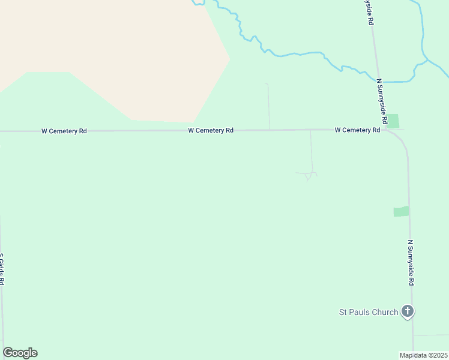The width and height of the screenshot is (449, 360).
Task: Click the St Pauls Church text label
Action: coord(369,312)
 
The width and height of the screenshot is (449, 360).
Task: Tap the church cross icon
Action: coord(408,311)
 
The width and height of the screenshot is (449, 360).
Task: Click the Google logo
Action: coord(20,353)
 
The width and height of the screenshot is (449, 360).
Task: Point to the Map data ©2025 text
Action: coord(423,355)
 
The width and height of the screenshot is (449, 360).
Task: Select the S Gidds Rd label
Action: coord(2,269)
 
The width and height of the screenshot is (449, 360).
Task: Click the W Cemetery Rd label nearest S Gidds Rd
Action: coord(64,130)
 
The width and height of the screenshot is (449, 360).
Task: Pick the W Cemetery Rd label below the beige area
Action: coord(210,130)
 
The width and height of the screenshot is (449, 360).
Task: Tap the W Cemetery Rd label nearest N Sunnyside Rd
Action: coord(357,130)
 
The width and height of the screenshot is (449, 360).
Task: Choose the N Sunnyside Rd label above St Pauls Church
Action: coord(411,263)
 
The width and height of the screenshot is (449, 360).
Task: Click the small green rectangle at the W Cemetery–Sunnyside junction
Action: coord(393,121)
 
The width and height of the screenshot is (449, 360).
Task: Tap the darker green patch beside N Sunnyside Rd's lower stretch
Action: coord(401,211)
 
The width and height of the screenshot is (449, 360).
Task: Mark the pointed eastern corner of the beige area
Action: coord(229,58)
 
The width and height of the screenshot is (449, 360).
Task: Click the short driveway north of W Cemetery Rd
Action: coord(268,105)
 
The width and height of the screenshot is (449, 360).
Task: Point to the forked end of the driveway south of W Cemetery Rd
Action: coord(307,175)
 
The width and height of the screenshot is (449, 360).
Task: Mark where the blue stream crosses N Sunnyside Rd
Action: coord(378,80)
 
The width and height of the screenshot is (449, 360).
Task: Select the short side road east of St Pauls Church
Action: coord(431,335)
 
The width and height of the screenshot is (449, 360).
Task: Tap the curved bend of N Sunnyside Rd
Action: coord(402,143)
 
